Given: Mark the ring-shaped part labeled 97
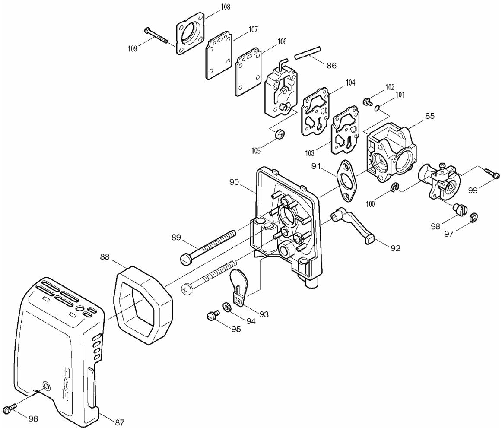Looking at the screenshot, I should (473, 216).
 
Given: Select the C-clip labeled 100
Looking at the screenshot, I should (394, 188).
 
